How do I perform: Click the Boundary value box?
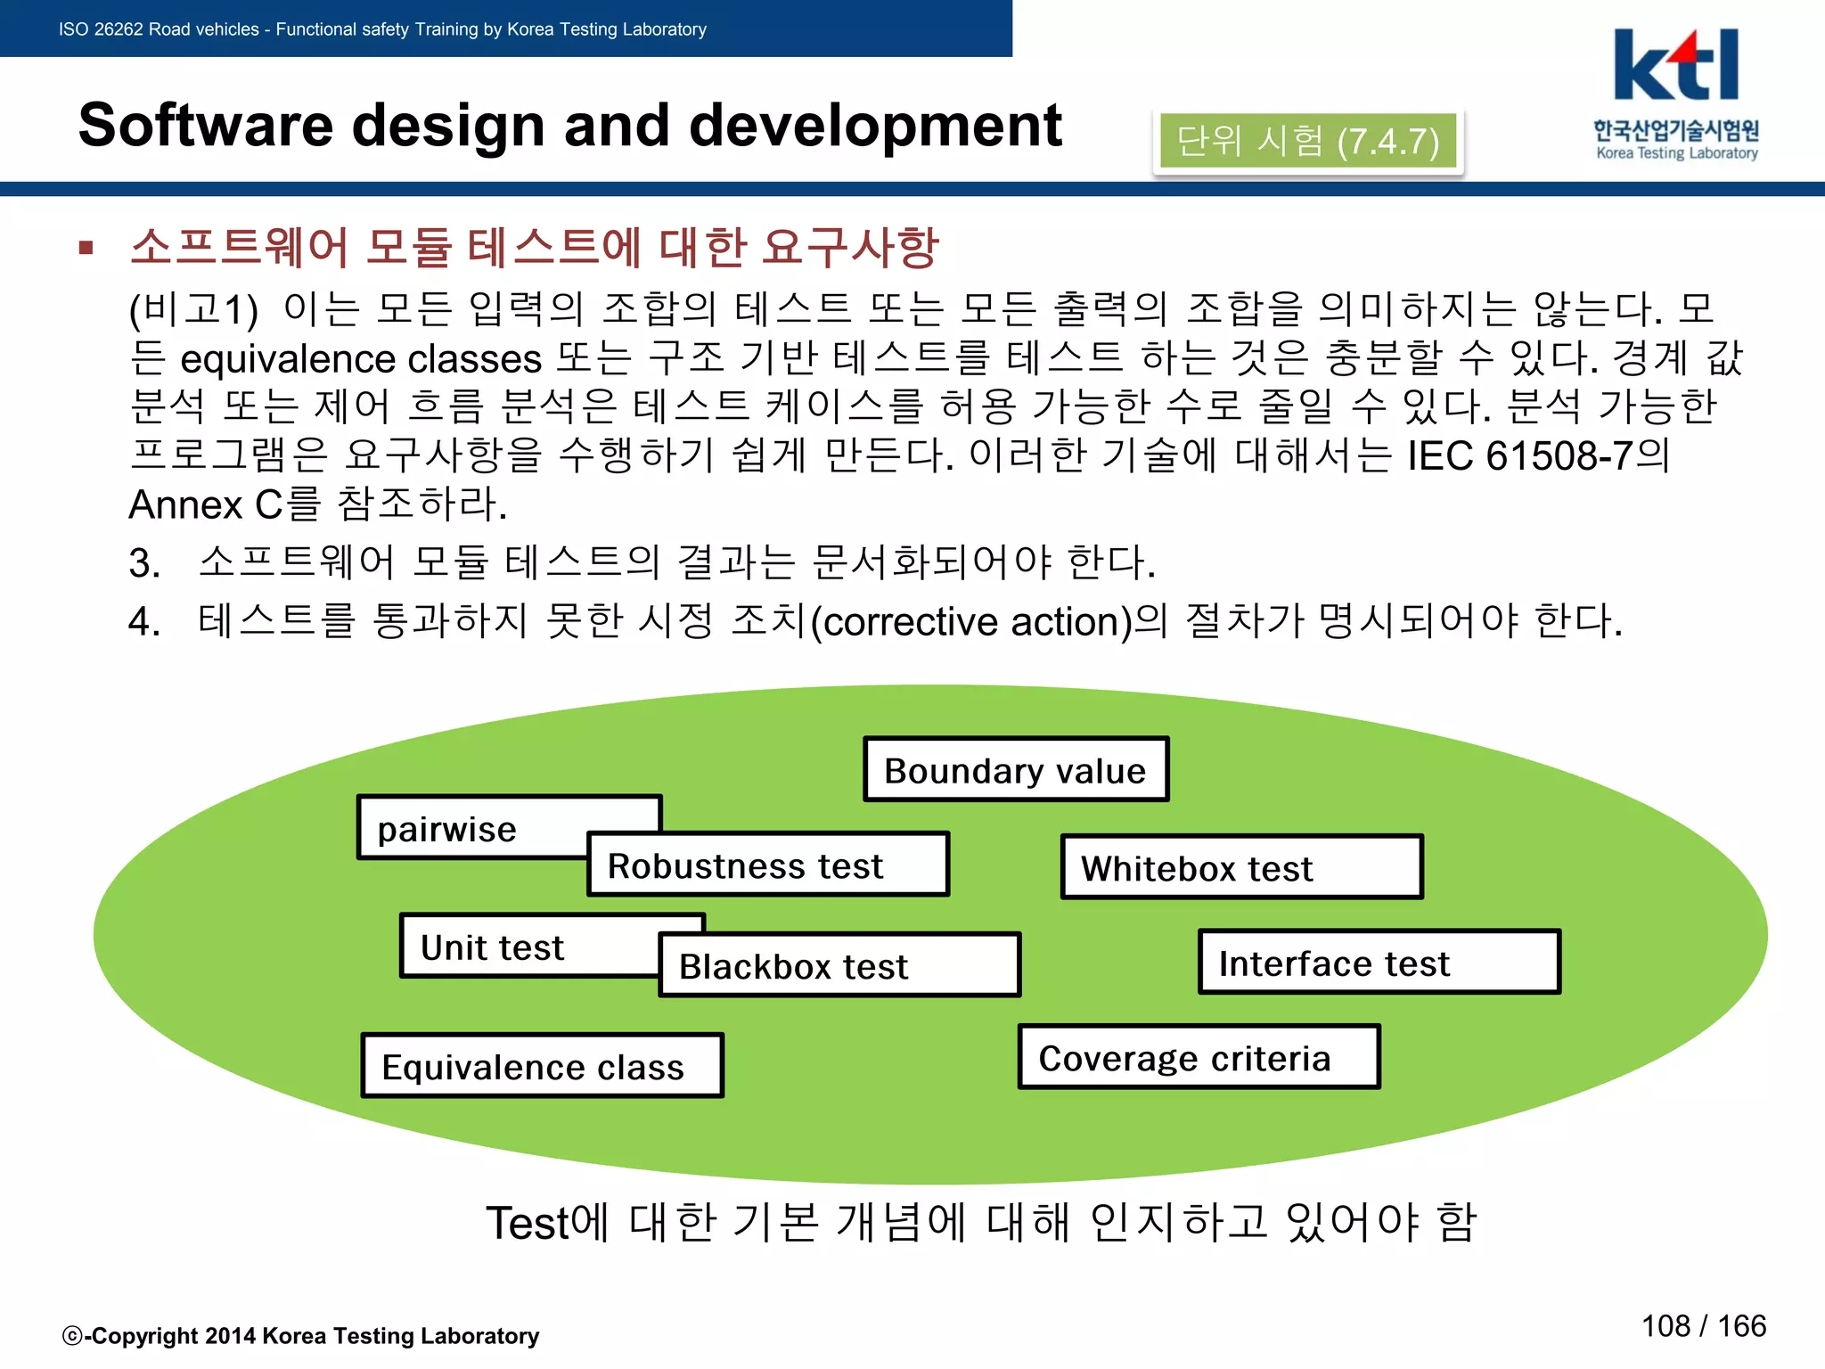(1015, 770)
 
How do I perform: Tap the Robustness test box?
(767, 865)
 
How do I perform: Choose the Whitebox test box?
(1240, 867)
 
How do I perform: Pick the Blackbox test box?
(839, 965)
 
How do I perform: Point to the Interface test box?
(1379, 963)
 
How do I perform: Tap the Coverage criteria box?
(1199, 1057)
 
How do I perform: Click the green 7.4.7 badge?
(1307, 141)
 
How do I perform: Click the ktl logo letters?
(1675, 67)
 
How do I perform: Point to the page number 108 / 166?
(1703, 1325)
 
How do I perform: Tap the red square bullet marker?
(86, 248)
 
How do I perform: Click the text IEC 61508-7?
(1520, 455)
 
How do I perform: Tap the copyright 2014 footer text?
(300, 1335)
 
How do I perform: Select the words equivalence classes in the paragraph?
(361, 358)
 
